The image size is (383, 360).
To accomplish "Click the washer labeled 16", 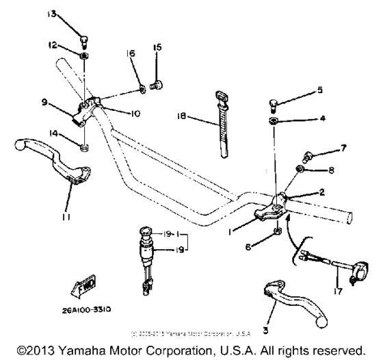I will click(142, 86).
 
